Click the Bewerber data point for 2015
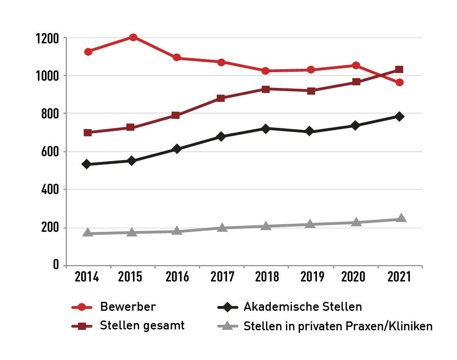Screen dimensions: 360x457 click(133, 37)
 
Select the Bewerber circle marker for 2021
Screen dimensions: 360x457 click(399, 82)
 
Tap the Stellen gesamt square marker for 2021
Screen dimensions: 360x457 click(399, 70)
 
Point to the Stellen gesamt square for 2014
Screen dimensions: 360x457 click(88, 132)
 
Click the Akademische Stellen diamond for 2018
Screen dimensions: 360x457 click(266, 129)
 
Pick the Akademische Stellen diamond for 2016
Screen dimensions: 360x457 click(177, 149)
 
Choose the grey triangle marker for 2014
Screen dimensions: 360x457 click(88, 233)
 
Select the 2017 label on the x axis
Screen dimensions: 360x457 click(222, 277)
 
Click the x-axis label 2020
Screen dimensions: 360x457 click(353, 277)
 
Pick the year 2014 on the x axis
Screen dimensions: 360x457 click(87, 277)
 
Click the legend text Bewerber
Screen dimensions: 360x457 click(128, 307)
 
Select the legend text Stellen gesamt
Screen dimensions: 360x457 click(142, 326)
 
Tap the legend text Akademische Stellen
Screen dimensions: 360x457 click(303, 307)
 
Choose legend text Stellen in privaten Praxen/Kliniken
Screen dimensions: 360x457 click(338, 326)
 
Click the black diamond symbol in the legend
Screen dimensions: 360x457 click(227, 307)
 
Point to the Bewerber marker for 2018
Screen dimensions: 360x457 click(266, 71)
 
